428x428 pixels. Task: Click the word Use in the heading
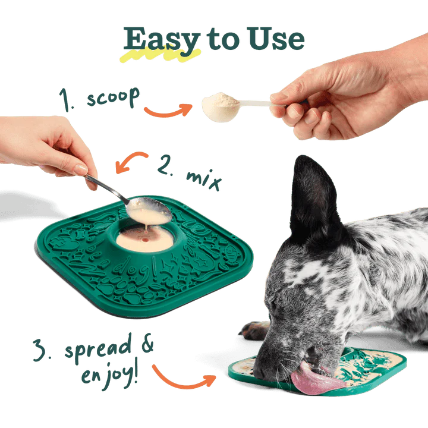pyautogui.click(x=273, y=39)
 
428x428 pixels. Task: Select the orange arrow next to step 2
pyautogui.click(x=131, y=161)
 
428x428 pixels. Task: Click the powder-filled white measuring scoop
pyautogui.click(x=220, y=107)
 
